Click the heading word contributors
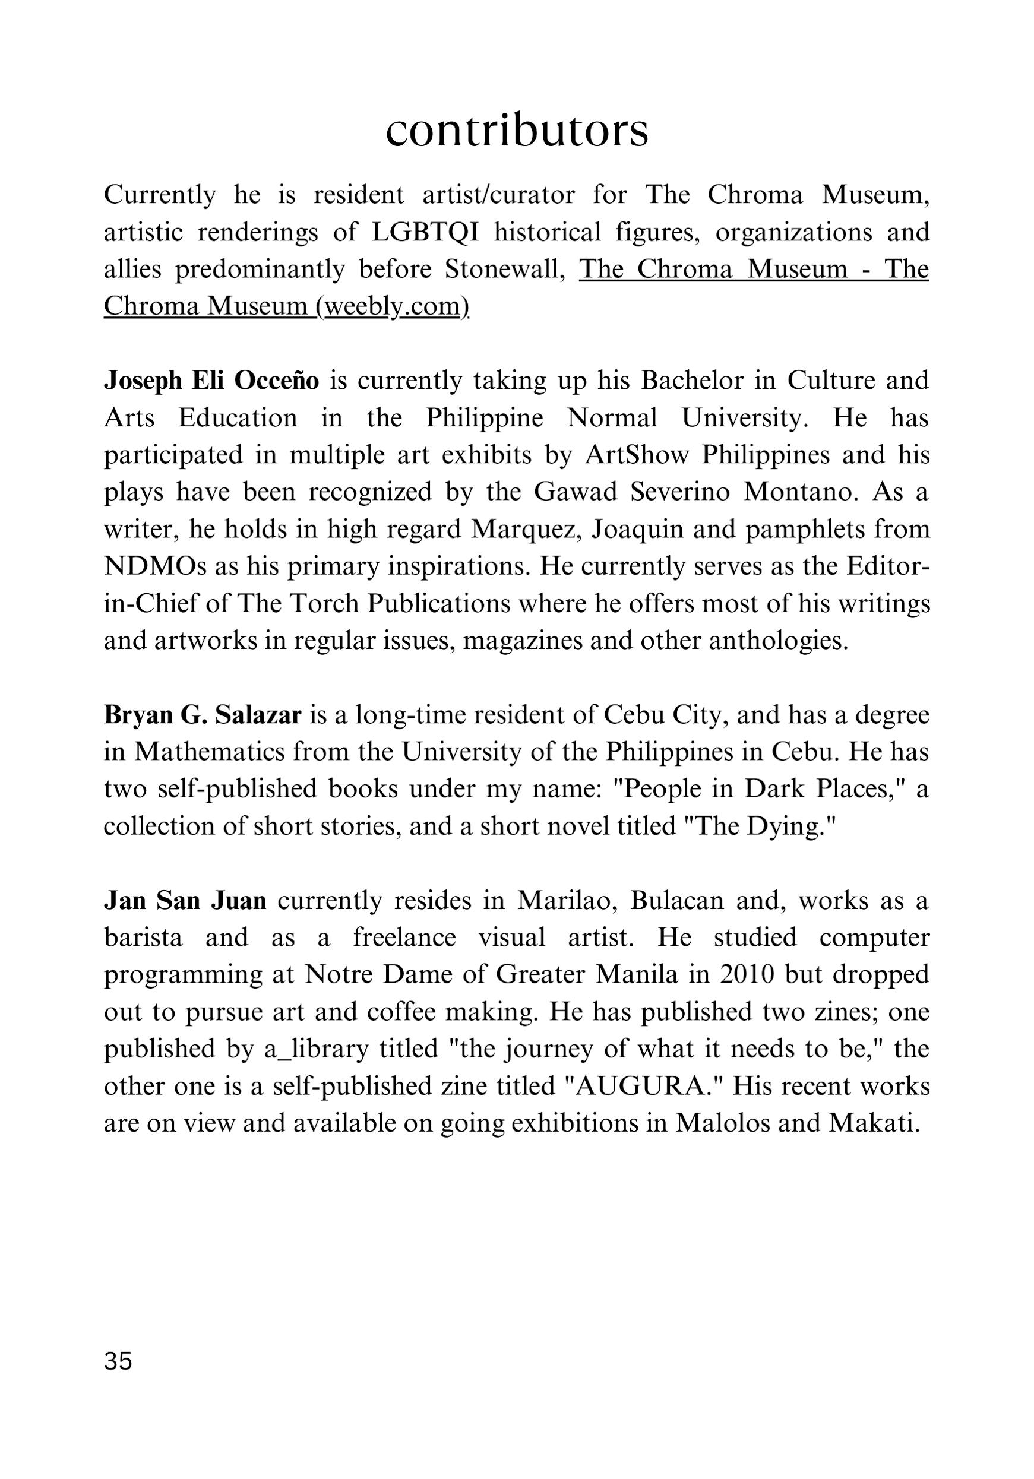coord(517,131)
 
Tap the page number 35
coord(118,1361)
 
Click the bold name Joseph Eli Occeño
coord(211,381)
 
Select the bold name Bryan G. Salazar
coord(203,715)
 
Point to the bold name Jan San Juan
coord(185,901)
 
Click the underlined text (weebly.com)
coord(393,306)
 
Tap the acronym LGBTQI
coord(425,233)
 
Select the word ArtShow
coord(637,455)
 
